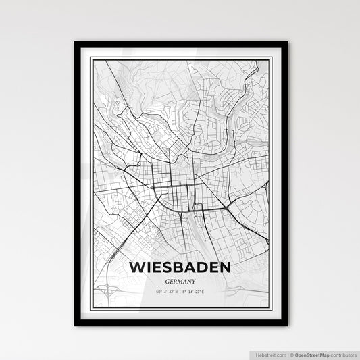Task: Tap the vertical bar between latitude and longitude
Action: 180,292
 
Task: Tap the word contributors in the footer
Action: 343,353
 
